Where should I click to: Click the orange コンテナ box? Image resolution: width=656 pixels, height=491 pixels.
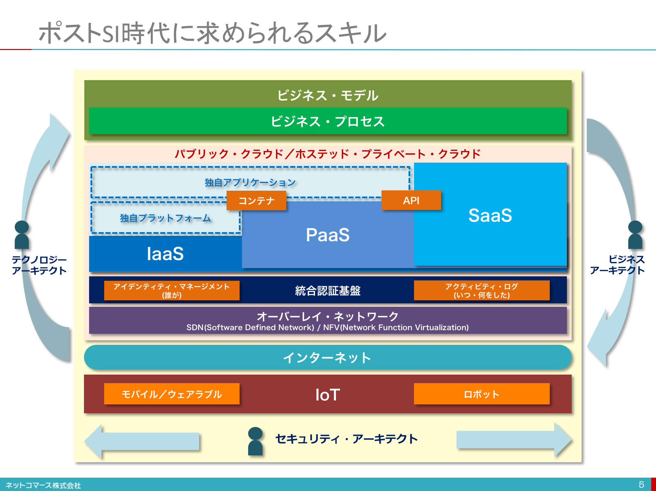(x=256, y=200)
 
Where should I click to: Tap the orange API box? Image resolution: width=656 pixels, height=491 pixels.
(x=411, y=200)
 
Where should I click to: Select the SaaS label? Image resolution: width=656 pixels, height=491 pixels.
(x=490, y=215)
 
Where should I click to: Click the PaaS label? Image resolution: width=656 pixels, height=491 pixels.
(x=328, y=235)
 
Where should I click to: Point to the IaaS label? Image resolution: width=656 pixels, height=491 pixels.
(x=165, y=254)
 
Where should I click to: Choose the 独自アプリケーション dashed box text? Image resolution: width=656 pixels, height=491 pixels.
(x=250, y=182)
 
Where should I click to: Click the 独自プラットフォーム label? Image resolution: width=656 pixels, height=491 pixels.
(x=165, y=218)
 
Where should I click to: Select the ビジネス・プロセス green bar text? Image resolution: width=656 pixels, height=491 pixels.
(x=328, y=121)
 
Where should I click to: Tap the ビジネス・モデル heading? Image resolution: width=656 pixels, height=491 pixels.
(x=328, y=95)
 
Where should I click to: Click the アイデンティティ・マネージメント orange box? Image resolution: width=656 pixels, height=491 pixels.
(x=172, y=290)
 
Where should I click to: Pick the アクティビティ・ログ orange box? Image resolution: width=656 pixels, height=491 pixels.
(x=482, y=290)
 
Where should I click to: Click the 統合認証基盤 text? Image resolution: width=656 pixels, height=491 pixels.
(x=328, y=290)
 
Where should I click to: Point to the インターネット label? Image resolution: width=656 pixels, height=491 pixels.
(x=328, y=357)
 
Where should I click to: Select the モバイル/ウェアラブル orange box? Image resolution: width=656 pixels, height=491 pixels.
(x=172, y=394)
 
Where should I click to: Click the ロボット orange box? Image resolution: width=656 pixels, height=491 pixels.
(x=482, y=394)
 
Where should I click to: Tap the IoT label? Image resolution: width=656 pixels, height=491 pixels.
(x=328, y=394)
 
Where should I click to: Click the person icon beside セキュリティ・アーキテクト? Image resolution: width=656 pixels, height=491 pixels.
(x=255, y=441)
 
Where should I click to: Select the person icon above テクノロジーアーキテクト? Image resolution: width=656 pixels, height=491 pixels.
(x=22, y=235)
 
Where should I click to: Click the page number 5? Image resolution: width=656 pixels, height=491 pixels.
(x=641, y=484)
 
